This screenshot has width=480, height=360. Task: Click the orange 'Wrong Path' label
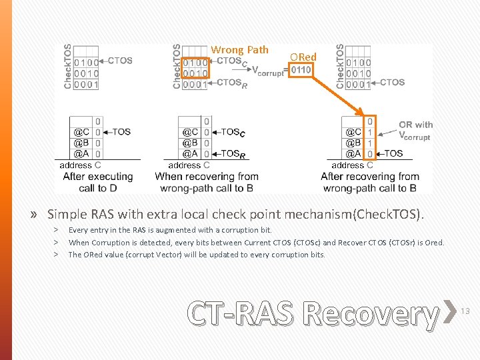pos(239,50)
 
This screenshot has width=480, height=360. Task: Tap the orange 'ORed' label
pos(303,57)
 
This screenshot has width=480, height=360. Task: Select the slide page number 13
pos(465,311)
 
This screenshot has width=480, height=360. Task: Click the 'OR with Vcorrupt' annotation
pos(415,131)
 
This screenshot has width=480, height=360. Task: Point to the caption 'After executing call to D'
pos(97,182)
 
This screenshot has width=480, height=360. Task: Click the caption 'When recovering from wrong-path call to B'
pos(207,182)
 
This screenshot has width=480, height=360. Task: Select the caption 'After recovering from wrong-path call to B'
pos(369,182)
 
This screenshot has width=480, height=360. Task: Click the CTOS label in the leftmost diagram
pos(120,61)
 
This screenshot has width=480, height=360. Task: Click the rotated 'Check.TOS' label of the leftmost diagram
pos(68,67)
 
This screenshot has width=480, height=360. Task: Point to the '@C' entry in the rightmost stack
pos(353,132)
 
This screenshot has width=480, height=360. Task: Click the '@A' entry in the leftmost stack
pos(81,153)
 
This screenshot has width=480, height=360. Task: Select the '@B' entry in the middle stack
pos(191,143)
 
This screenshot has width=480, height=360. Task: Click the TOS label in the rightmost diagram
pos(393,153)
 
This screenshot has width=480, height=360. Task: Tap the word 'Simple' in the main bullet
pos(66,215)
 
